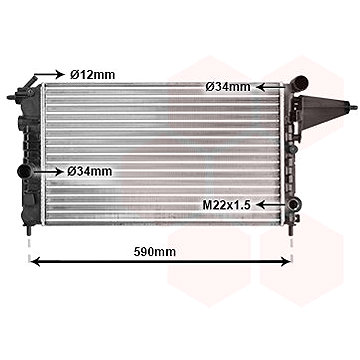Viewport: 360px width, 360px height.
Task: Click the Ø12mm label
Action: (92, 75)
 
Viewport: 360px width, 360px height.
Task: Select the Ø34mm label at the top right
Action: (228, 87)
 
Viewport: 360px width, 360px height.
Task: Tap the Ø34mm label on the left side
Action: (90, 172)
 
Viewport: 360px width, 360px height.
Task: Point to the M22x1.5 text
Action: (227, 205)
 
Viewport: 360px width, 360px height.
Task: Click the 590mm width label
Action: (155, 252)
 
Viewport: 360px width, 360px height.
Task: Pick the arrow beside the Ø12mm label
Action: (49, 74)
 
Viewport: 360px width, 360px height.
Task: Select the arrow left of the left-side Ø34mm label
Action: (48, 172)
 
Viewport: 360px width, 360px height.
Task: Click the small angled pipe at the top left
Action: (32, 82)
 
